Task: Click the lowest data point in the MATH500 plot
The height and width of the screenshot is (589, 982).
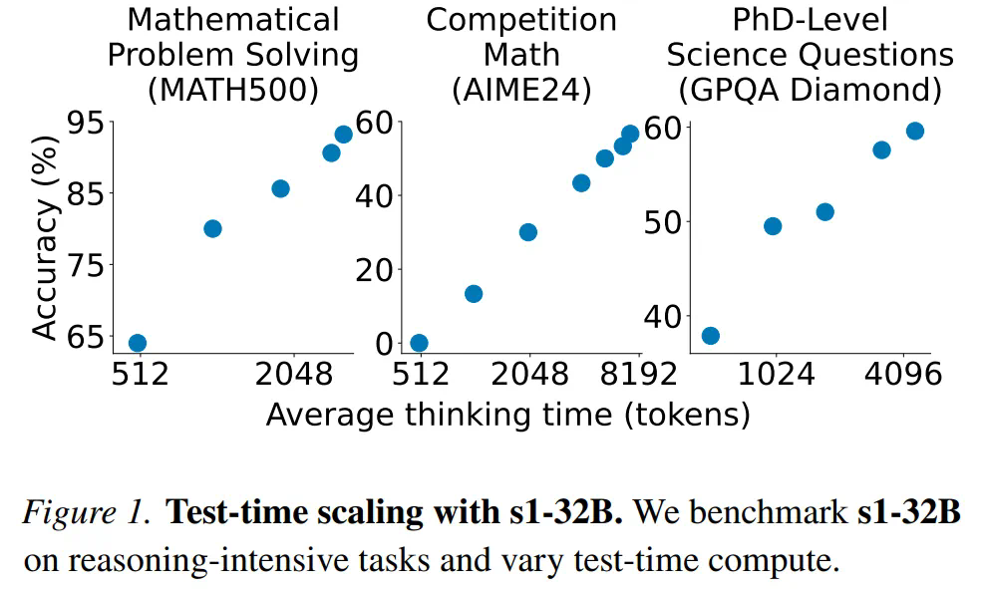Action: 138,344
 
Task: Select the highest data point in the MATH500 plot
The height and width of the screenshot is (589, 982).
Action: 344,135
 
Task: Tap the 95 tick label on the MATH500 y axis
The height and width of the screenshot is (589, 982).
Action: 85,123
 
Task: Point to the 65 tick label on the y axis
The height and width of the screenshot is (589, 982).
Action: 85,337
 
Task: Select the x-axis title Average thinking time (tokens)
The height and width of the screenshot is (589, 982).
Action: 507,415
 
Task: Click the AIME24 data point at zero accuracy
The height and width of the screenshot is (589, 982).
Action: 420,344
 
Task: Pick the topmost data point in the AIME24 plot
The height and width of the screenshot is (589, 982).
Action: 630,134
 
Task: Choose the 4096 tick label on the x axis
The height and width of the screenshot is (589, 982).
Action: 902,376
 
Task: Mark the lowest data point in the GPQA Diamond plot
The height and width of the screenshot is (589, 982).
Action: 711,336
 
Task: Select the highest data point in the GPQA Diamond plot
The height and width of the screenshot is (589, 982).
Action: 914,132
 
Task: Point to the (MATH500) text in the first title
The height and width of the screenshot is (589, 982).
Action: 232,90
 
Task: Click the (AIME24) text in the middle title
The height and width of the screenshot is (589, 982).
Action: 521,90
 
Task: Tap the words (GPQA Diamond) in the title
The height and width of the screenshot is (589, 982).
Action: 810,90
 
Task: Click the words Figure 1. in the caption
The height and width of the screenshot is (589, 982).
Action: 87,513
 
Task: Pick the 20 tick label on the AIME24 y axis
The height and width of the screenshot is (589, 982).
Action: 374,269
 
